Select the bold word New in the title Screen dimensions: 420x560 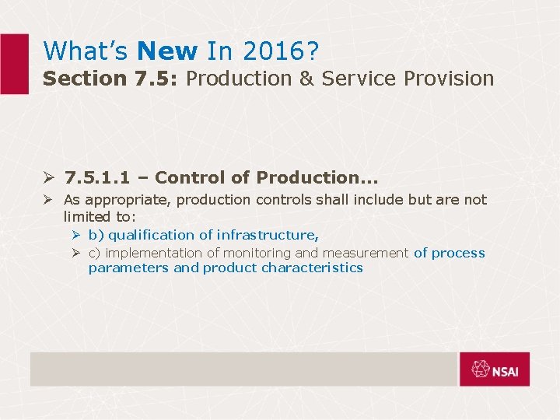point(167,51)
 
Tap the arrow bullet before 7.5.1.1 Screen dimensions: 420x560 point(50,177)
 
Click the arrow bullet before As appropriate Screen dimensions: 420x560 point(50,200)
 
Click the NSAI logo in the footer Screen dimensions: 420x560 point(494,369)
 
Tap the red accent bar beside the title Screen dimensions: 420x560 point(13,64)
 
